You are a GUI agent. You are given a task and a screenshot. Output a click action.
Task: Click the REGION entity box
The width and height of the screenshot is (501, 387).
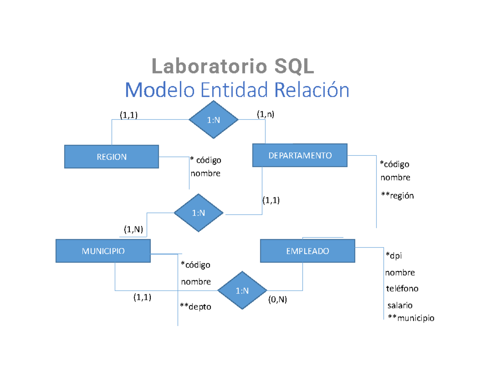coord(111,157)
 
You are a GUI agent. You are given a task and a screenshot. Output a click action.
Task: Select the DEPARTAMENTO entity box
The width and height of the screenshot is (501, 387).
coord(300,155)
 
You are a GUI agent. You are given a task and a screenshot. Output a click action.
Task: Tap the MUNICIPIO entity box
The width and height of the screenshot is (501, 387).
coord(103,251)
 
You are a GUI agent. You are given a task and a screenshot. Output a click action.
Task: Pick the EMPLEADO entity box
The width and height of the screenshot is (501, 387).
coord(307,251)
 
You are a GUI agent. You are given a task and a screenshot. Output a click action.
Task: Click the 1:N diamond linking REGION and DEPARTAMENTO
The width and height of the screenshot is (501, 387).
coord(213,120)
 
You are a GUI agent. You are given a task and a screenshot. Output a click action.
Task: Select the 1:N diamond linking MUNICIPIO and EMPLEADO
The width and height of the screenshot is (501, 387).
coord(242,291)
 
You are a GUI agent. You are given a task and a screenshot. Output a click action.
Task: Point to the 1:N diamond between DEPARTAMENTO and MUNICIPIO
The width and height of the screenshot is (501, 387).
coord(198,213)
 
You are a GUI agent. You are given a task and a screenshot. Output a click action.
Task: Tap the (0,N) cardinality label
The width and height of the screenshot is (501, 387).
coord(277,299)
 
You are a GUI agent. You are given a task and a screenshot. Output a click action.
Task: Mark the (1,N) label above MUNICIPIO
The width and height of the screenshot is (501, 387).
coord(133,229)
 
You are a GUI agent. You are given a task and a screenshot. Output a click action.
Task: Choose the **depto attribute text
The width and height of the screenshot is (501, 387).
coord(195,307)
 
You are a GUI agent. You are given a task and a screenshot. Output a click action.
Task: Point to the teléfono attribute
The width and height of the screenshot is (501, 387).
coord(402,288)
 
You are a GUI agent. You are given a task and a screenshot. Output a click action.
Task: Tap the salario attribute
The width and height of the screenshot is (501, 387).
coord(400,305)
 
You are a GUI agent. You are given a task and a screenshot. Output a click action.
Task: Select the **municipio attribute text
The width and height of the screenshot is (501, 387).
coord(411,318)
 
